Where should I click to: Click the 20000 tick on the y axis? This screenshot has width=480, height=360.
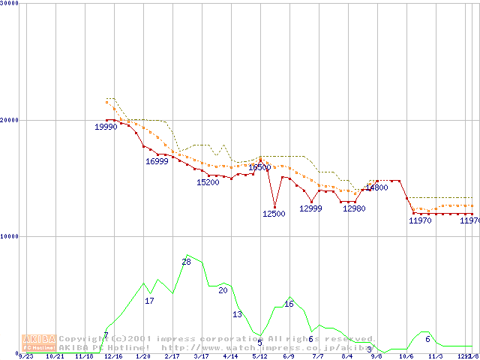pyautogui.click(x=10, y=119)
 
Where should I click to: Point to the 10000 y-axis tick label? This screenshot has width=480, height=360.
pyautogui.click(x=10, y=236)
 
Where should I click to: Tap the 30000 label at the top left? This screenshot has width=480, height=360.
pyautogui.click(x=10, y=3)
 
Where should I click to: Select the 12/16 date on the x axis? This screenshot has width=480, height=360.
pyautogui.click(x=113, y=357)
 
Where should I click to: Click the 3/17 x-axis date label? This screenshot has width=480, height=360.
pyautogui.click(x=201, y=357)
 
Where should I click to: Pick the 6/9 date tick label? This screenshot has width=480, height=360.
pyautogui.click(x=289, y=357)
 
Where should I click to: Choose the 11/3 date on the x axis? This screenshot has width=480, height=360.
pyautogui.click(x=435, y=357)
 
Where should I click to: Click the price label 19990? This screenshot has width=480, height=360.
pyautogui.click(x=106, y=127)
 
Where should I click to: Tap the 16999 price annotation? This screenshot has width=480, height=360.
pyautogui.click(x=157, y=161)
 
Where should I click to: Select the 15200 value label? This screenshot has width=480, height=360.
pyautogui.click(x=208, y=182)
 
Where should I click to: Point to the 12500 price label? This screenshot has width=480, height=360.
pyautogui.click(x=274, y=214)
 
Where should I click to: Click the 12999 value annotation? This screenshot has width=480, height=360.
pyautogui.click(x=310, y=209)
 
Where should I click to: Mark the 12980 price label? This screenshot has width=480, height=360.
pyautogui.click(x=354, y=209)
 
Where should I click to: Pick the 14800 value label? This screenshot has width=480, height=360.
pyautogui.click(x=376, y=188)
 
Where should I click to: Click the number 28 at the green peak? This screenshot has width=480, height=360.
pyautogui.click(x=186, y=262)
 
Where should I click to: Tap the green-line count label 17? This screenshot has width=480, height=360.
pyautogui.click(x=149, y=301)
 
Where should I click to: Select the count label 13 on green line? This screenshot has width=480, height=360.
pyautogui.click(x=237, y=314)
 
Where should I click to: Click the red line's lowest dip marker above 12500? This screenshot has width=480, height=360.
pyautogui.click(x=274, y=207)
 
